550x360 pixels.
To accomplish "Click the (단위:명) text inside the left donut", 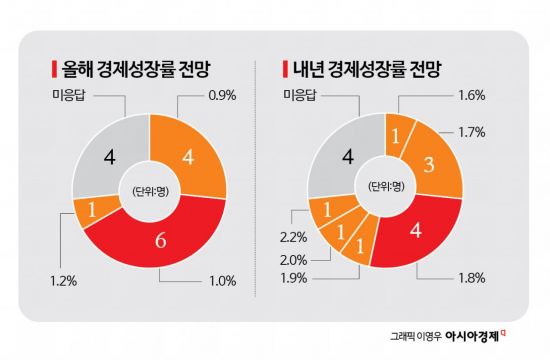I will coord(149,190).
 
